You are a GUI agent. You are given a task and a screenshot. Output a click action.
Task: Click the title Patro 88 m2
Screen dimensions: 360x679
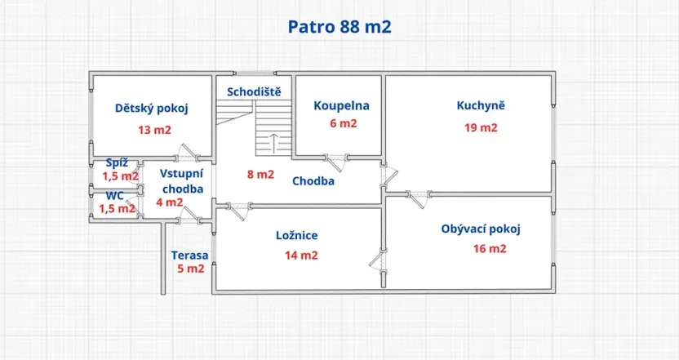pos(339,26)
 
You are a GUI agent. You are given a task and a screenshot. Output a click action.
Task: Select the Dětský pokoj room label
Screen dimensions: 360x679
pos(152,109)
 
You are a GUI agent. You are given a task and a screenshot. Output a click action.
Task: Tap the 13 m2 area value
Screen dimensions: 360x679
pos(154,130)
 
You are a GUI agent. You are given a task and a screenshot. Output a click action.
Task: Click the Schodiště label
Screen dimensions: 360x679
pos(254,91)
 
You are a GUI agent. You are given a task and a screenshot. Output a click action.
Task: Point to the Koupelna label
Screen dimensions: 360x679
pos(342,105)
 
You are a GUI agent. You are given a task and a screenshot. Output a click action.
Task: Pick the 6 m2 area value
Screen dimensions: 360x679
pos(343,124)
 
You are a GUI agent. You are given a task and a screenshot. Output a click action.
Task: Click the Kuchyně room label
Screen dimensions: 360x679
pos(481,105)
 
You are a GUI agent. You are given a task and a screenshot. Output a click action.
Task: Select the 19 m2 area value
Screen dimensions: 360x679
pos(481,127)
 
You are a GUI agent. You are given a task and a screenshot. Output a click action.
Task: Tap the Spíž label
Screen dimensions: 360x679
pos(117,162)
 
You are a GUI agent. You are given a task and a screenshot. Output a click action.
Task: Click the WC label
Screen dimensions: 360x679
pos(114,196)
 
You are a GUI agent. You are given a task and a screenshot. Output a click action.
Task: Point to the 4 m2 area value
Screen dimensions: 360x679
pos(170,202)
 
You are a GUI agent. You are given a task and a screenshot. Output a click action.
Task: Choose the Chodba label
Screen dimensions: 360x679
pos(313,181)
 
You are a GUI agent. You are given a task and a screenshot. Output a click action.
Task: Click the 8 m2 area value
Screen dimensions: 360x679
pos(261,174)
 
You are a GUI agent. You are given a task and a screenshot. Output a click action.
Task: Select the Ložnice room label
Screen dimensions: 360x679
pos(296,236)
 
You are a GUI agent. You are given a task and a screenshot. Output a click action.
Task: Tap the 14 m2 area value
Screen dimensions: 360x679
pos(301,255)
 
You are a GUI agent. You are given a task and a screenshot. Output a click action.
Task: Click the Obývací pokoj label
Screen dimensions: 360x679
pos(481,229)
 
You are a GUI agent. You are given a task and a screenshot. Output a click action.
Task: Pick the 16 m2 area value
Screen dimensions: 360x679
pos(490,249)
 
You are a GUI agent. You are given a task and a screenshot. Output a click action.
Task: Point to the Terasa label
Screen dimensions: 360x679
pos(189,255)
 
